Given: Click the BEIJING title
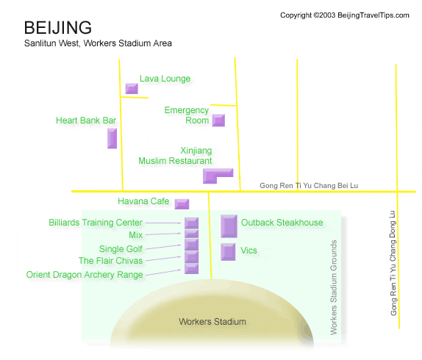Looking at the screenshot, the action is tap(58, 27).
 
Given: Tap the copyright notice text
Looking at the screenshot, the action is tap(345, 15).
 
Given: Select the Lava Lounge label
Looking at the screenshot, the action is tap(165, 79).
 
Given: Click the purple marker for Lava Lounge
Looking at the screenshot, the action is tap(132, 88).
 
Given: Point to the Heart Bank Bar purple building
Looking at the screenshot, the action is tap(112, 138).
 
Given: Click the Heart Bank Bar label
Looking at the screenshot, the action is tap(86, 120).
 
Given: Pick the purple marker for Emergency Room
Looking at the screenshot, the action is tap(218, 120).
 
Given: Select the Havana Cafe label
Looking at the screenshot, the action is tap(143, 201).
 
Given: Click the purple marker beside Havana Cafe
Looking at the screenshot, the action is tap(182, 204).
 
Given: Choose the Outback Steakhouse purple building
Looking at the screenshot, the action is tap(229, 226).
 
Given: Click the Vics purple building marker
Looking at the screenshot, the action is tap(228, 252).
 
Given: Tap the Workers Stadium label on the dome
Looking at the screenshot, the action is tap(212, 322).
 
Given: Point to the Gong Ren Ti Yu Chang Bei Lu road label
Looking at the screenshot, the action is tap(309, 186).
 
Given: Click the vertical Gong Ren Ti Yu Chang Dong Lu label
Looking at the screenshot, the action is tap(393, 263).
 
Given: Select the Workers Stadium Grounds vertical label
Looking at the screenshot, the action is tap(334, 287).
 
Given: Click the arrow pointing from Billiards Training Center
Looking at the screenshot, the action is tap(163, 223).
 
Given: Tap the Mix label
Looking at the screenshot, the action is tap(135, 234).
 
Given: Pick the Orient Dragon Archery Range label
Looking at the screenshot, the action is tap(85, 275).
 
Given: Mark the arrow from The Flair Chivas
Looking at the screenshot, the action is tap(163, 259).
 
